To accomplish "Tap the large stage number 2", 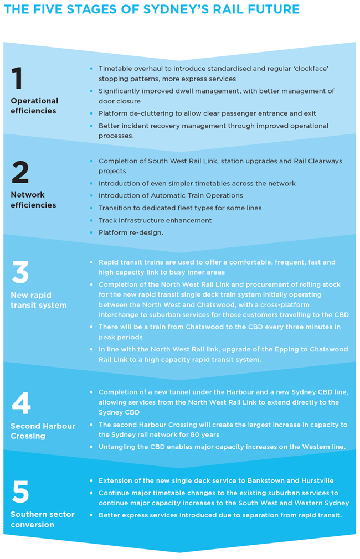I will (x=20, y=173).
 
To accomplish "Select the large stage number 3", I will (x=20, y=273).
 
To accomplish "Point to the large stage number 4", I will (x=21, y=403).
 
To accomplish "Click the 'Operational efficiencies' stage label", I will (x=34, y=106).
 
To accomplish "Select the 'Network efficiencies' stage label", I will (x=33, y=200).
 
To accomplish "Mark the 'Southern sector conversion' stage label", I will (x=42, y=519).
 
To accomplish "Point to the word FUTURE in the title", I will (x=272, y=9).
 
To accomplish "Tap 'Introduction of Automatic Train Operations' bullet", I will (x=171, y=195).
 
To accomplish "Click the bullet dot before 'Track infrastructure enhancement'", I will (x=91, y=220).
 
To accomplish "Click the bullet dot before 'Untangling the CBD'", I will (x=91, y=447).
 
